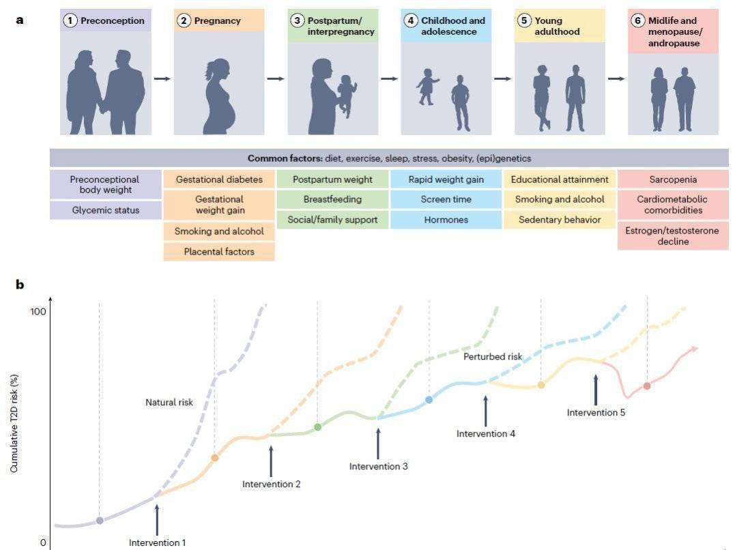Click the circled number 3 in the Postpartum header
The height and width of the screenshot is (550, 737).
pyautogui.click(x=297, y=20)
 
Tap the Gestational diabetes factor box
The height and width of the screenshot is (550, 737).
pyautogui.click(x=219, y=179)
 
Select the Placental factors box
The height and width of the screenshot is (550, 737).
pyautogui.click(x=219, y=252)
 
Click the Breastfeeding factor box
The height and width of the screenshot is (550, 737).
pyautogui.click(x=332, y=199)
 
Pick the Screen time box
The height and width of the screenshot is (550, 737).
pyautogui.click(x=446, y=199)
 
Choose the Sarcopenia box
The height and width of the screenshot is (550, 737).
pyautogui.click(x=673, y=179)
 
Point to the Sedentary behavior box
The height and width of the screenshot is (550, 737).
pyautogui.click(x=560, y=220)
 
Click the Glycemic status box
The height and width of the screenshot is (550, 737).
pyautogui.click(x=106, y=210)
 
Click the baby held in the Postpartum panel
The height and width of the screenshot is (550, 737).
pyautogui.click(x=347, y=95)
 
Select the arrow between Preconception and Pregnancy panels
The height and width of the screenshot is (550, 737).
pyautogui.click(x=162, y=78)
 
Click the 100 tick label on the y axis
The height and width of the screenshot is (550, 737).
pyautogui.click(x=38, y=311)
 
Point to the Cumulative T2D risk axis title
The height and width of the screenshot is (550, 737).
pyautogui.click(x=14, y=423)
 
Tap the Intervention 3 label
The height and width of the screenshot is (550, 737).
pyautogui.click(x=378, y=466)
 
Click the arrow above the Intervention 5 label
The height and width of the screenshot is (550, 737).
pyautogui.click(x=596, y=390)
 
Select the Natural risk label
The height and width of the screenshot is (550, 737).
pyautogui.click(x=169, y=403)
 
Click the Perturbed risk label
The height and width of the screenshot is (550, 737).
pyautogui.click(x=493, y=357)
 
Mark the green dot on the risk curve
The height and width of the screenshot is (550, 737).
pyautogui.click(x=318, y=427)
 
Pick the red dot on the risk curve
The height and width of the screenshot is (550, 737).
pyautogui.click(x=647, y=386)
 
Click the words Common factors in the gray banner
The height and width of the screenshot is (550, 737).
pyautogui.click(x=285, y=158)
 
